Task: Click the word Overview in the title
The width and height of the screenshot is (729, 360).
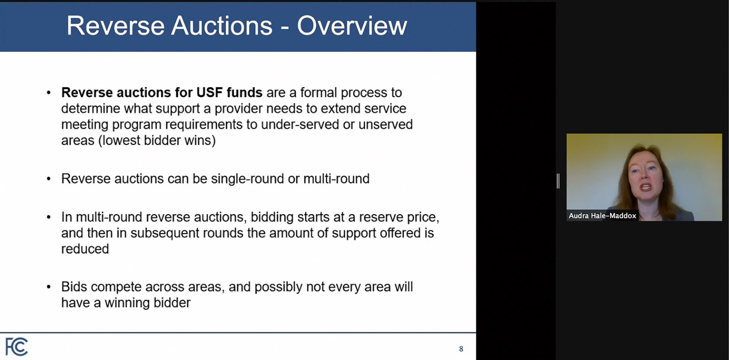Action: tap(352, 26)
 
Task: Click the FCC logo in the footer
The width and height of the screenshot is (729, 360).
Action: tap(16, 347)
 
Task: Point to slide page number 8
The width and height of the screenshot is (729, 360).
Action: tap(461, 349)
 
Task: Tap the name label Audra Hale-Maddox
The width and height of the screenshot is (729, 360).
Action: tap(602, 216)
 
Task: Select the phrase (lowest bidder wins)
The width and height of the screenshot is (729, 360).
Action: tap(157, 141)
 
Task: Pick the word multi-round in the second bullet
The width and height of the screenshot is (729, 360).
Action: tap(336, 179)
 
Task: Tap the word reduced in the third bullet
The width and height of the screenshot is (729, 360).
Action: tap(85, 249)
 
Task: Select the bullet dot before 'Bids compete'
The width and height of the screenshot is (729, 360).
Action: tap(49, 287)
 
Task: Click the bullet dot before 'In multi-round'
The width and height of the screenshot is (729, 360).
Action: tap(49, 217)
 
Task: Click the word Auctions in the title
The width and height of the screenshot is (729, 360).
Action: tap(221, 26)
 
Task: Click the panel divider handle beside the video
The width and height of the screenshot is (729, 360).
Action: tap(558, 181)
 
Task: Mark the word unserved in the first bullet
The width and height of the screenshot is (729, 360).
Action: tap(385, 125)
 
